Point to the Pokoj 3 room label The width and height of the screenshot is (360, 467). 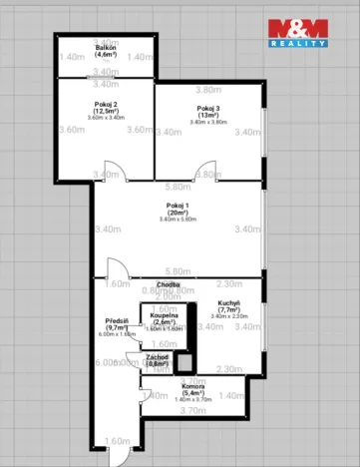208,108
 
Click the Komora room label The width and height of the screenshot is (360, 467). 193,385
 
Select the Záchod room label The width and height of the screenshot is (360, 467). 157,356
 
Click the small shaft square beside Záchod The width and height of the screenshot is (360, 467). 183,362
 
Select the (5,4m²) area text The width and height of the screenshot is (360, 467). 193,393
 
